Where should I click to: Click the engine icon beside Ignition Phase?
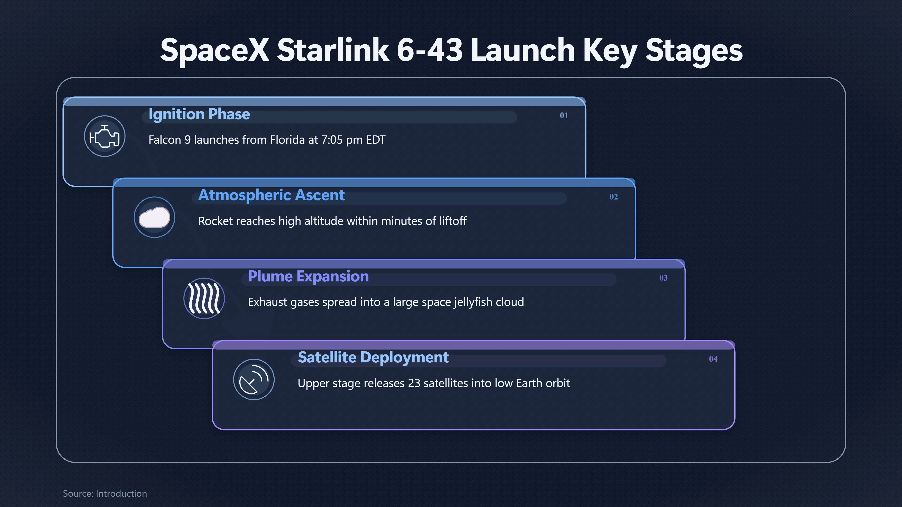tap(105, 136)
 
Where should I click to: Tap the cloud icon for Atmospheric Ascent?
tap(154, 217)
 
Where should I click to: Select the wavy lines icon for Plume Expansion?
tap(204, 298)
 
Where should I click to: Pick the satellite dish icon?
tap(254, 379)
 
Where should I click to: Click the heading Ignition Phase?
tap(199, 114)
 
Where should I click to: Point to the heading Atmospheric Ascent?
tap(271, 195)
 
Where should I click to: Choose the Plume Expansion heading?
tap(308, 277)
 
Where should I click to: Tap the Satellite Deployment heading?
tap(373, 357)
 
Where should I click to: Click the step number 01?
tap(564, 115)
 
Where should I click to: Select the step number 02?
tap(614, 197)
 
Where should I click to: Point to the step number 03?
tap(663, 278)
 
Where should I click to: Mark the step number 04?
tap(713, 359)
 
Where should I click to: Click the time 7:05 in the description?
tap(332, 140)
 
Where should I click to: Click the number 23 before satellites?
tap(414, 383)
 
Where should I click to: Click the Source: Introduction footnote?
tap(105, 493)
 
